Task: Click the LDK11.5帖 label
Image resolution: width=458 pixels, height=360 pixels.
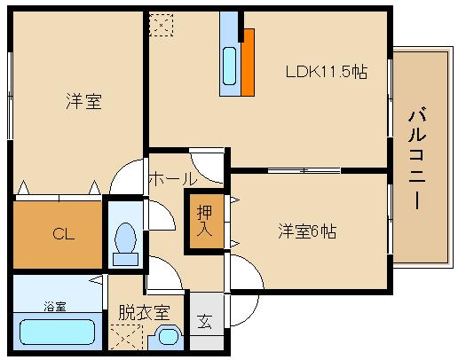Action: point(327,72)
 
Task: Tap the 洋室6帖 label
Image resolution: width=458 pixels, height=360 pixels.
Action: point(307,231)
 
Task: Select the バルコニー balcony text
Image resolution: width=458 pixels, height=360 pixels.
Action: point(417,159)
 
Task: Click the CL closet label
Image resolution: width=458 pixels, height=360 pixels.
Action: point(64,234)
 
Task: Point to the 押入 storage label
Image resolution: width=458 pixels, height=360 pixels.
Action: point(204,220)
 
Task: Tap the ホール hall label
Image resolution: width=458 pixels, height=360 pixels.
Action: point(173,179)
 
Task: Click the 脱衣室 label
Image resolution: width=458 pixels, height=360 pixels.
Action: point(145,312)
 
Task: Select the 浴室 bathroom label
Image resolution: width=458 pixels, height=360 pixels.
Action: point(55,307)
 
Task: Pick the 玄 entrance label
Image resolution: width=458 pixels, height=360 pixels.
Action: point(205,322)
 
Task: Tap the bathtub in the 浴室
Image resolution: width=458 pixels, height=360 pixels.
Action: point(58,332)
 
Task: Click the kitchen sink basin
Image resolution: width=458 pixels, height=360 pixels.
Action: point(229,66)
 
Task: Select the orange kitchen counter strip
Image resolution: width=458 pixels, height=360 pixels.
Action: point(248,62)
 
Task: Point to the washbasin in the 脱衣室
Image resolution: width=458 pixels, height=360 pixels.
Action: point(169,336)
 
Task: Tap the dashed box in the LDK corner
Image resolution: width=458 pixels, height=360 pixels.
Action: point(161,25)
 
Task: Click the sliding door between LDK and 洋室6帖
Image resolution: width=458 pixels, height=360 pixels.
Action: point(304,170)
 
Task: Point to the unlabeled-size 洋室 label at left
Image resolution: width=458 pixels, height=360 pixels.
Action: point(83,101)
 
